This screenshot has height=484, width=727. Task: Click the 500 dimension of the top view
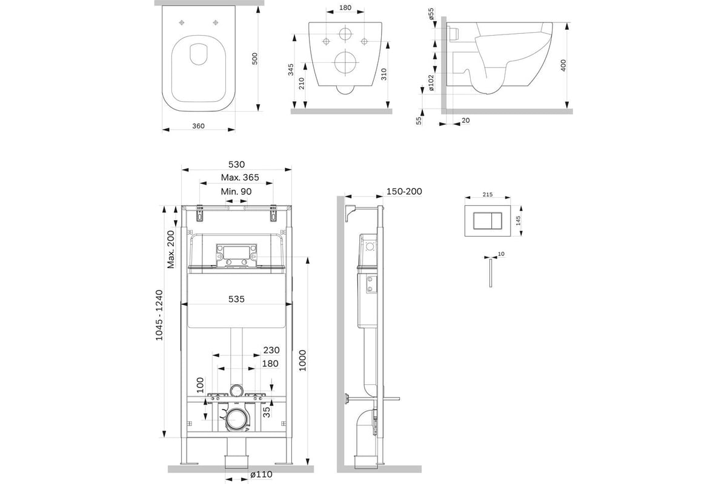click(x=255, y=59)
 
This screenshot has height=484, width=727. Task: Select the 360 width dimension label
click(x=198, y=126)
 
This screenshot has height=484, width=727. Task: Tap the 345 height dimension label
click(x=291, y=70)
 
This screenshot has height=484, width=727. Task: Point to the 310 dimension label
click(x=384, y=74)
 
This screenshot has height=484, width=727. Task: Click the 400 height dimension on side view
click(x=563, y=65)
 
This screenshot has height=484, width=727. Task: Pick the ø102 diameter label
click(x=431, y=83)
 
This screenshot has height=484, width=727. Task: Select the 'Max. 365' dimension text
click(x=240, y=177)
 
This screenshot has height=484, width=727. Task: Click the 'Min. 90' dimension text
click(x=236, y=192)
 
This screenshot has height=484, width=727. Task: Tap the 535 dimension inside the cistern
click(x=236, y=299)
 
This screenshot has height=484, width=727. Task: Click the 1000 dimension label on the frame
click(x=302, y=361)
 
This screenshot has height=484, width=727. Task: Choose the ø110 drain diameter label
click(x=261, y=474)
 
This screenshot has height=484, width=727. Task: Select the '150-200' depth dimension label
click(x=404, y=191)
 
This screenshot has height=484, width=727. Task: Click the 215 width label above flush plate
click(x=488, y=195)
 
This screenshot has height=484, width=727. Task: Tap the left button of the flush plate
click(x=483, y=221)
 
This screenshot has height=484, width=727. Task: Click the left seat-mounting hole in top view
click(x=182, y=23)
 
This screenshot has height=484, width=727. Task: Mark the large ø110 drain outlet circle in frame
click(x=236, y=420)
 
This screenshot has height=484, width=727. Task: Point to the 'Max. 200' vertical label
click(x=171, y=249)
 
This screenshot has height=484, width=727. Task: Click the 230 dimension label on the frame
click(x=271, y=350)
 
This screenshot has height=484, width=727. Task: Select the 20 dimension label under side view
click(x=465, y=120)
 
